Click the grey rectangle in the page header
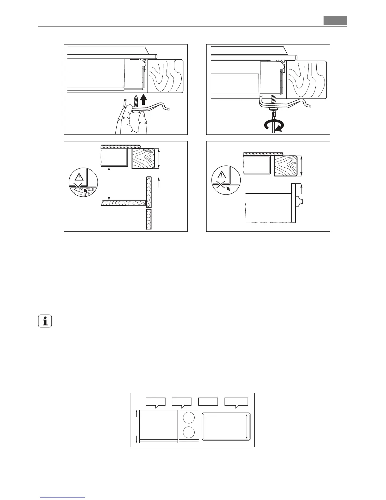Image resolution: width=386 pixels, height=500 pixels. (335, 20)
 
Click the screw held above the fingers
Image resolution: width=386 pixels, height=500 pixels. (136, 102)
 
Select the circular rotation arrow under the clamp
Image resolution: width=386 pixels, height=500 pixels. (273, 127)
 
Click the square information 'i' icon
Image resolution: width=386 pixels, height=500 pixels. (45, 322)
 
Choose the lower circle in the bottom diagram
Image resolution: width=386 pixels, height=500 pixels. (189, 432)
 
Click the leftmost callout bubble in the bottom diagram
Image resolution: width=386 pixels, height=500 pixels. (155, 402)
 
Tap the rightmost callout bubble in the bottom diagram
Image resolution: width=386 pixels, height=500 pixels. (236, 402)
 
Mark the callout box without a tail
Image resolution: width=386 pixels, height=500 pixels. (208, 402)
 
